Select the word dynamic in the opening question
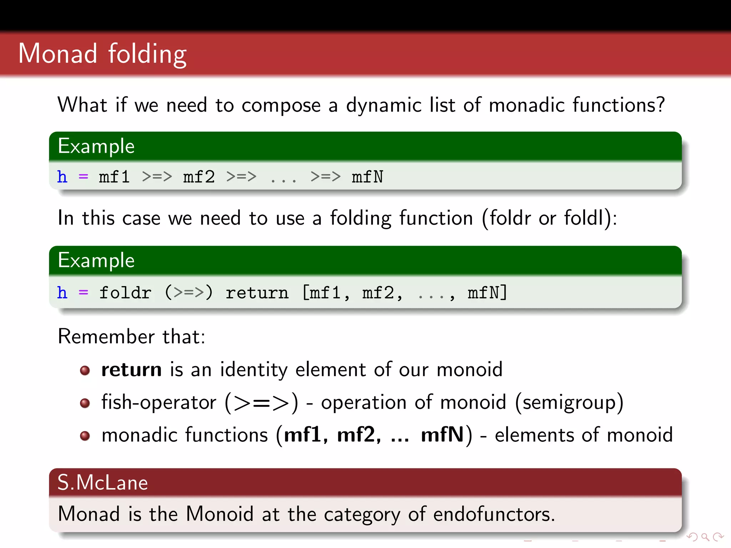384,105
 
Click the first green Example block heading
96,146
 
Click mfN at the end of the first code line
367,177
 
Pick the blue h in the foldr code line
62,293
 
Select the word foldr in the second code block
125,293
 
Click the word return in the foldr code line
257,293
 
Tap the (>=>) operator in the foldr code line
188,293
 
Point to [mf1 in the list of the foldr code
321,293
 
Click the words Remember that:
131,336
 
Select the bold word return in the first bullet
131,370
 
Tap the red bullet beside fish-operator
85,403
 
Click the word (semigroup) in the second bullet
569,403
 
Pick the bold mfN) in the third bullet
446,435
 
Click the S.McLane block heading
103,483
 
